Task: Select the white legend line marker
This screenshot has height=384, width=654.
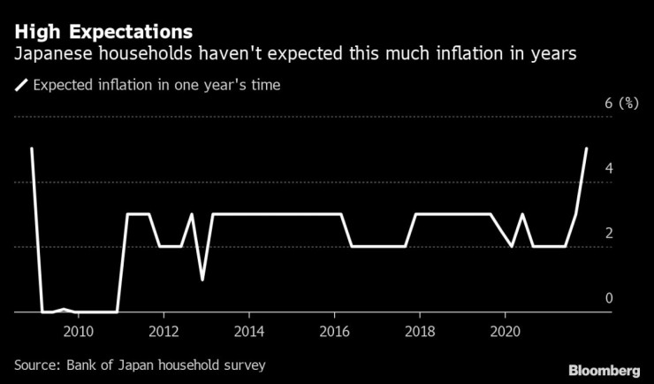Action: [x=21, y=86]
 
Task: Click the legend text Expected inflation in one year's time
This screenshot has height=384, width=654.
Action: [x=156, y=86]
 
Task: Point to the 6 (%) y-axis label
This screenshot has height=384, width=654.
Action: [x=621, y=104]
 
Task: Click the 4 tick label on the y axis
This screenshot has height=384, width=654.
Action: [x=608, y=168]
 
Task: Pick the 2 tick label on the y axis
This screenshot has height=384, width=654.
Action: [x=608, y=234]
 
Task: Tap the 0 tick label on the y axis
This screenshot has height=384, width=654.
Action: [x=608, y=298]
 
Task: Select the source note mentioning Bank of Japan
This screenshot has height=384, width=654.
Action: [x=139, y=365]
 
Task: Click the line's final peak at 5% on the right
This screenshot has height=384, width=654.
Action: [x=586, y=150]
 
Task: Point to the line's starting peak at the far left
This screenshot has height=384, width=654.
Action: [x=32, y=150]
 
